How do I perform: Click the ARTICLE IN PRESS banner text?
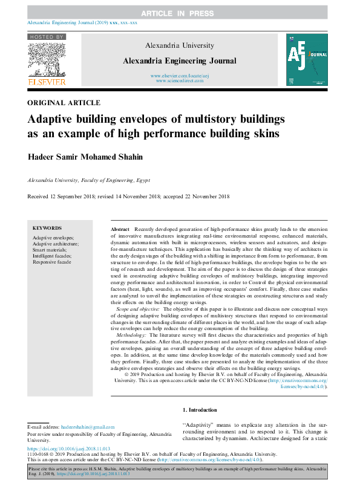pyautogui.click(x=179, y=13)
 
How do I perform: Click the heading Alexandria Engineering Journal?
pyautogui.click(x=180, y=61)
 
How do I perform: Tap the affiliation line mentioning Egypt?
pyautogui.click(x=90, y=180)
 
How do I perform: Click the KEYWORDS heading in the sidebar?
pyautogui.click(x=47, y=229)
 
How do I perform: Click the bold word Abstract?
pyautogui.click(x=120, y=230)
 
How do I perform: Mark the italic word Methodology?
pyautogui.click(x=131, y=334)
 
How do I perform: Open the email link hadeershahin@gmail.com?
pyautogui.click(x=87, y=427)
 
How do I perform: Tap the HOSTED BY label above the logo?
pyautogui.click(x=47, y=37)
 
